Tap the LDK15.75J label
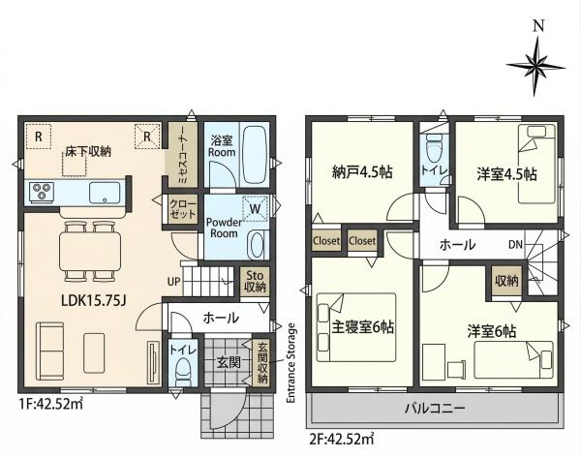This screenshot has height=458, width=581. click(x=94, y=300)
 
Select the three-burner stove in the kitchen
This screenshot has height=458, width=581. click(x=40, y=191)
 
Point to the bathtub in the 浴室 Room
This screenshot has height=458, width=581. click(x=256, y=156)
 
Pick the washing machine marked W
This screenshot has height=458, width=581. click(x=256, y=208)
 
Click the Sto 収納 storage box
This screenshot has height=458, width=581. click(x=255, y=281)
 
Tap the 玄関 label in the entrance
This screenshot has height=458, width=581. click(x=229, y=362)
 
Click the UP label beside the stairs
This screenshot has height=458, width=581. click(x=173, y=282)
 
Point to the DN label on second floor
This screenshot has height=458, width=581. click(x=515, y=245)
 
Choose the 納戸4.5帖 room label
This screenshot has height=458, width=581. click(x=361, y=172)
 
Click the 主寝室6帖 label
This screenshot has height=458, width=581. click(x=362, y=327)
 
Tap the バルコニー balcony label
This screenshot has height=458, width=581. click(x=435, y=409)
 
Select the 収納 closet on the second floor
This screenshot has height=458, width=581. click(x=506, y=281)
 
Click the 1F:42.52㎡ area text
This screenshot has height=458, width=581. click(x=50, y=404)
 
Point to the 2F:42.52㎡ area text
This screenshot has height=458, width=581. click(x=341, y=439)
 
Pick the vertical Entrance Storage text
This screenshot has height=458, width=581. click(x=291, y=363)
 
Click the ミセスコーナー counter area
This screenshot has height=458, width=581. click(x=183, y=155)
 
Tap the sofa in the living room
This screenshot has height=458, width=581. click(x=50, y=351)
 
